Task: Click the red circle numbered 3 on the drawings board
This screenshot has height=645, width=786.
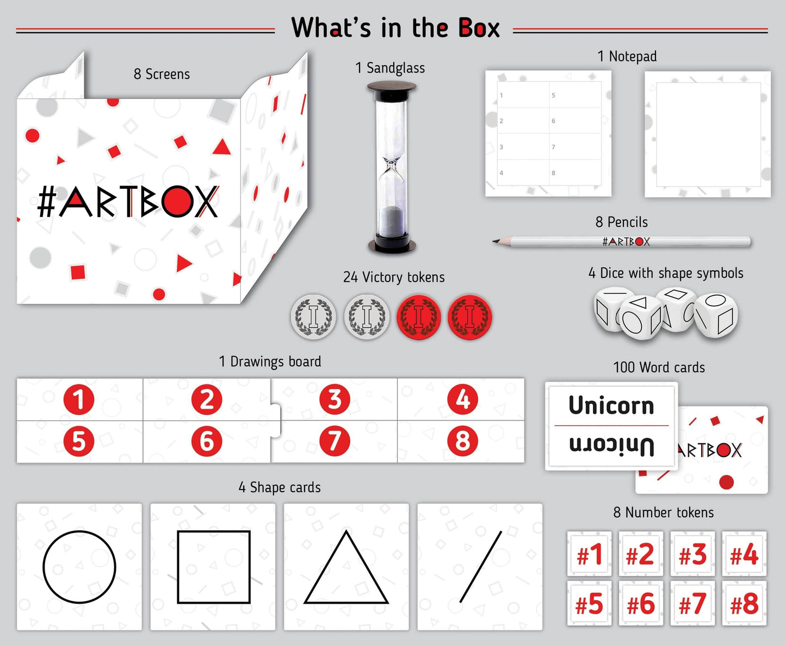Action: [335, 399]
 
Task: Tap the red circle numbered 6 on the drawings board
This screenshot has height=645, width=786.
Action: [207, 441]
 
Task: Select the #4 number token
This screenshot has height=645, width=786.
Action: [744, 555]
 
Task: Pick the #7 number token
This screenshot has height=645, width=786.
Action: [692, 604]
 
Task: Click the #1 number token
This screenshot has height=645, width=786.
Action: [590, 555]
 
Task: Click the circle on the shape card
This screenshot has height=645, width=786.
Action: [79, 567]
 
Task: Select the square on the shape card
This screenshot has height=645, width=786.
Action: [214, 567]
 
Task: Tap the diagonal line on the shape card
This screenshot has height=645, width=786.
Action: [480, 567]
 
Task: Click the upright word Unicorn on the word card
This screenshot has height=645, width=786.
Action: [611, 406]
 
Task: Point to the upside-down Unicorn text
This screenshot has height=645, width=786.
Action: [611, 445]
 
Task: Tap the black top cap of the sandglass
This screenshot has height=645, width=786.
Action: [392, 87]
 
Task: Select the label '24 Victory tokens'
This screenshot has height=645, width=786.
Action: [394, 277]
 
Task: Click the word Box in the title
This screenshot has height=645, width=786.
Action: [479, 28]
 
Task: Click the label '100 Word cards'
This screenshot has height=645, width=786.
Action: [659, 368]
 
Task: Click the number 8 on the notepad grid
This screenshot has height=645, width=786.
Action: [553, 173]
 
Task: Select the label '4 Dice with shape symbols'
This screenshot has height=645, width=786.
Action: [665, 273]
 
